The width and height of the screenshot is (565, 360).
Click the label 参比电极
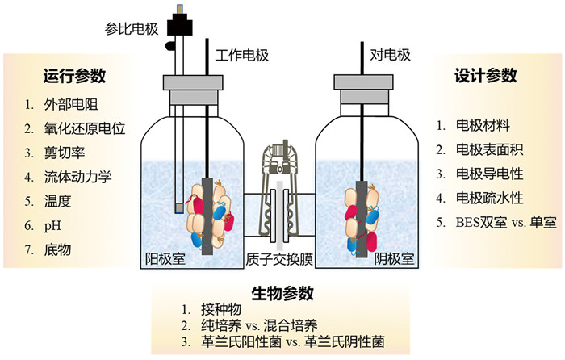pyautogui.click(x=132, y=28)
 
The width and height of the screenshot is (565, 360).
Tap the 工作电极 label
pyautogui.click(x=242, y=55)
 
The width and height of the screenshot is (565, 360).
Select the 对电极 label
pyautogui.click(x=390, y=55)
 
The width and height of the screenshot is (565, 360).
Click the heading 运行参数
pyautogui.click(x=74, y=76)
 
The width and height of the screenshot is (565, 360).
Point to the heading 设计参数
pyautogui.click(x=485, y=75)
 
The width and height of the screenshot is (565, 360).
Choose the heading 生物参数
pyautogui.click(x=282, y=293)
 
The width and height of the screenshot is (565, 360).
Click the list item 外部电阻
pyautogui.click(x=71, y=104)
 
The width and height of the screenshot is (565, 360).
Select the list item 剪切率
pyautogui.click(x=65, y=153)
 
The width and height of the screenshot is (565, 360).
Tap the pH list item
pyautogui.click(x=52, y=226)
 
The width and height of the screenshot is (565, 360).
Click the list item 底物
pyautogui.click(x=57, y=249)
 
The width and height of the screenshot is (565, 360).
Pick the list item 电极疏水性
pyautogui.click(x=489, y=198)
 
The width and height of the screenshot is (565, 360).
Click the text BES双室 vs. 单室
pyautogui.click(x=506, y=222)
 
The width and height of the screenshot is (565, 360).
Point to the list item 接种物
pyautogui.click(x=221, y=309)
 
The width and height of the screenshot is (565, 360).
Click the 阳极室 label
pyautogui.click(x=165, y=258)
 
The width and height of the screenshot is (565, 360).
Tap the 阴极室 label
pyautogui.click(x=394, y=258)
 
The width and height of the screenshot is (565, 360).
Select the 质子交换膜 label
pyautogui.click(x=279, y=259)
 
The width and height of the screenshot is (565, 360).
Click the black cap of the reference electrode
pyautogui.click(x=179, y=24)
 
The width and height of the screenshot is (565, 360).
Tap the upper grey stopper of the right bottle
pyautogui.click(x=363, y=82)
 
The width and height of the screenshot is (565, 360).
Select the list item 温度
pyautogui.click(x=57, y=201)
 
